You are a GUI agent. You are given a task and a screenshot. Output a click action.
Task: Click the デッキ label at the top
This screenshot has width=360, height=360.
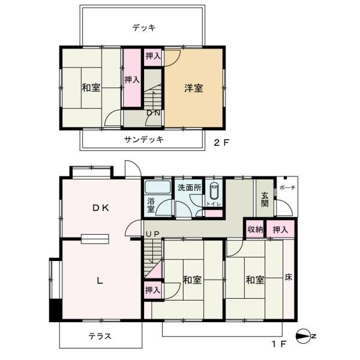(x=144, y=28)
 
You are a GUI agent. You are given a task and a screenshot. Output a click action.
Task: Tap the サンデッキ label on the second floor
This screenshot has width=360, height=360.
(x=144, y=139)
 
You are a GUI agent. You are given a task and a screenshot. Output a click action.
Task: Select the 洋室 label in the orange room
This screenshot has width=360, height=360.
(x=193, y=88)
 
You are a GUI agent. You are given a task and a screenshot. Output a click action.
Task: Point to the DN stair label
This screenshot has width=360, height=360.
(x=153, y=112)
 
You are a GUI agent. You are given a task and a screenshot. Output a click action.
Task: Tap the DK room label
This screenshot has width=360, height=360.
(x=100, y=208)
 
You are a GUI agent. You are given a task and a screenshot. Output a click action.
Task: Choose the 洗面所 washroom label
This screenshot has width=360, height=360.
(x=188, y=187)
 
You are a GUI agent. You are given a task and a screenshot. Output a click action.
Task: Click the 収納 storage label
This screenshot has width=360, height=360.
(x=254, y=229)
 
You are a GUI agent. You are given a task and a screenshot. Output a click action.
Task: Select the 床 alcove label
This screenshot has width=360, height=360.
(x=289, y=278)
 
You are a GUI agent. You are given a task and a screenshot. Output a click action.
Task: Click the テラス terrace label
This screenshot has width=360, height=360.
(x=100, y=336)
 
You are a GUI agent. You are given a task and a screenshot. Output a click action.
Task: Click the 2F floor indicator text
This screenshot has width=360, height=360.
(x=222, y=143)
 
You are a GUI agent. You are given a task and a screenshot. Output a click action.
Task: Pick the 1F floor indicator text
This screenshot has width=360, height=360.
(x=277, y=344)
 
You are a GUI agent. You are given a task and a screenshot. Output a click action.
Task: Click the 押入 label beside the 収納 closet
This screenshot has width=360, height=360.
(x=280, y=229)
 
